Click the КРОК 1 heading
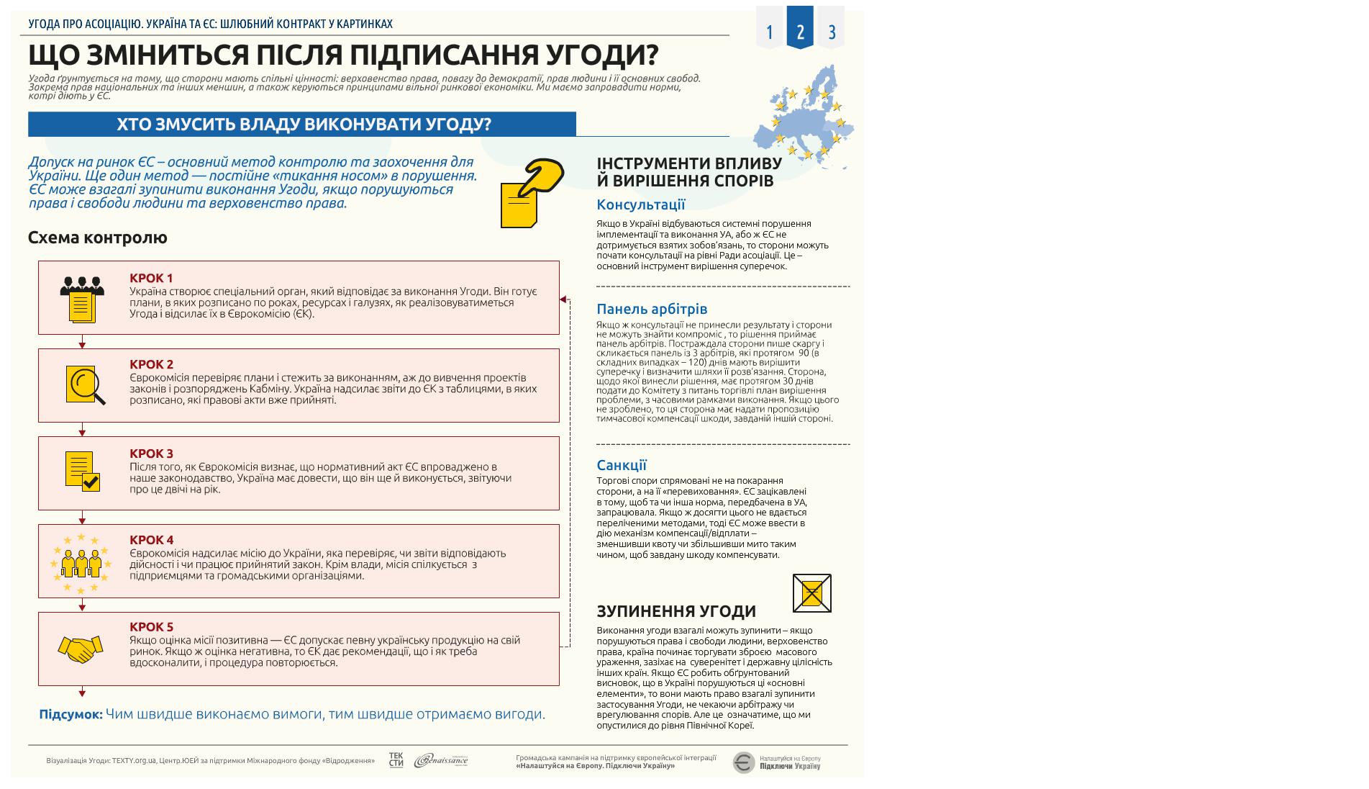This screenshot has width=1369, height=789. (151, 278)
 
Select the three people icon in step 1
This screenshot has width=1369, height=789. (82, 298)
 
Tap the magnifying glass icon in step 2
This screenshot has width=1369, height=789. (85, 385)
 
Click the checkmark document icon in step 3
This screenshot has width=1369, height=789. (82, 472)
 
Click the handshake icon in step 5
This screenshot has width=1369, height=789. (80, 649)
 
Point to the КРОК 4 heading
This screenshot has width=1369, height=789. (151, 540)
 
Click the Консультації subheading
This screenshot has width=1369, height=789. (640, 204)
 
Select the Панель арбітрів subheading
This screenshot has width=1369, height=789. (652, 309)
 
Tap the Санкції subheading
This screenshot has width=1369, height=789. (621, 465)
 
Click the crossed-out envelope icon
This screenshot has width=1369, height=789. (811, 593)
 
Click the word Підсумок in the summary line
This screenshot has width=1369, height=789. (71, 714)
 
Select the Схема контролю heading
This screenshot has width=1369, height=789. (97, 238)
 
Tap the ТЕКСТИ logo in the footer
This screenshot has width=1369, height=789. (396, 760)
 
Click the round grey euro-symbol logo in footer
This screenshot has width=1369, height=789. (743, 762)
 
